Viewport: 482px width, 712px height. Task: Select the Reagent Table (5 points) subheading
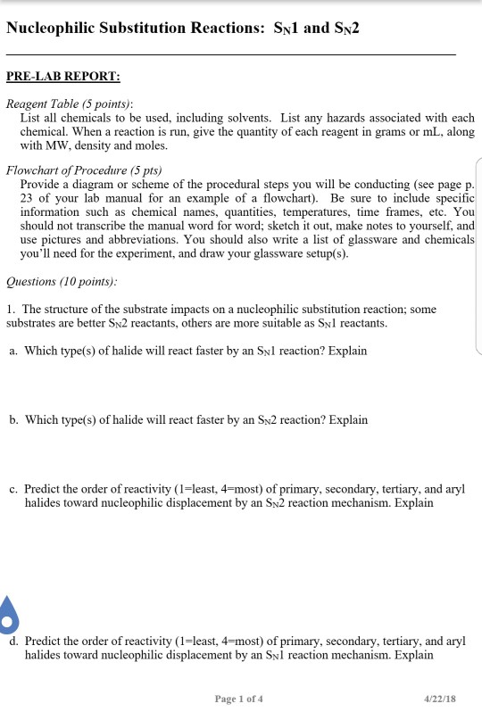tap(70, 103)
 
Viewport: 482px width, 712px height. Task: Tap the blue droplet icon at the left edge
tap(8, 614)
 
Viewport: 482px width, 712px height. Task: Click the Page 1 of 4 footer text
tap(239, 699)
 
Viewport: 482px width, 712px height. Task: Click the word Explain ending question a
tap(347, 351)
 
